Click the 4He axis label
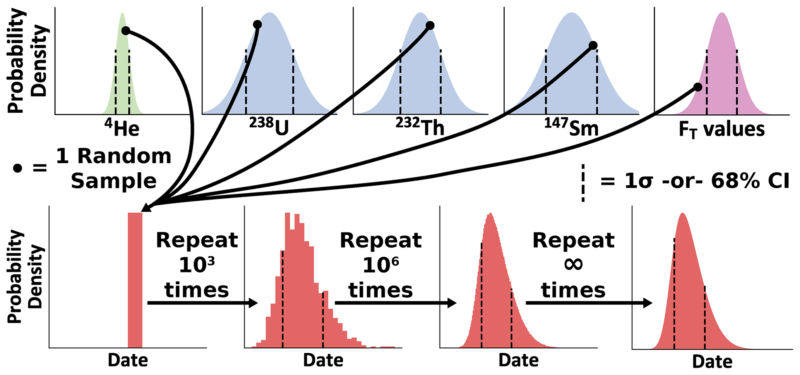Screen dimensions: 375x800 (x=122, y=128)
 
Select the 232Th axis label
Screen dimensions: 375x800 (x=420, y=127)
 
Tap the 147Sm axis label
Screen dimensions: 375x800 (x=571, y=127)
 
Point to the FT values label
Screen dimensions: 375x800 (x=721, y=129)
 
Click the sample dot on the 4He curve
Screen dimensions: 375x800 (x=125, y=30)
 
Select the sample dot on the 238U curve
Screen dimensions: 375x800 (x=257, y=25)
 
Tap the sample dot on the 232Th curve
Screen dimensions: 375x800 (x=430, y=26)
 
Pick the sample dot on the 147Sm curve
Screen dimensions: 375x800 (x=593, y=46)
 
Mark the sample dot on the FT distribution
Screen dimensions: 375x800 (x=697, y=87)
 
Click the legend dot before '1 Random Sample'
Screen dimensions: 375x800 (x=17, y=168)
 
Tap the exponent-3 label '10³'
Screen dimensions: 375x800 (x=197, y=265)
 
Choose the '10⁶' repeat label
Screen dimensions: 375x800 (x=380, y=265)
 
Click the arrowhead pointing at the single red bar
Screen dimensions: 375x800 (x=146, y=208)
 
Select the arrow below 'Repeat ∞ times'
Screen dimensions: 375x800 (x=589, y=303)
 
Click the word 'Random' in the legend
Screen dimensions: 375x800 (x=113, y=156)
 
